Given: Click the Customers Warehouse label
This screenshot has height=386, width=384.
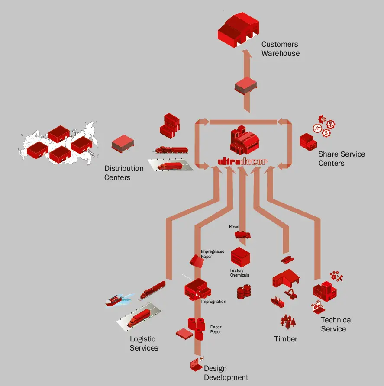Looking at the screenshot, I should pyautogui.click(x=280, y=49).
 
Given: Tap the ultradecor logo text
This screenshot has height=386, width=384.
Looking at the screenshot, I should pyautogui.click(x=242, y=162).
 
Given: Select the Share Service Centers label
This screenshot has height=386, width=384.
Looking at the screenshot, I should pyautogui.click(x=342, y=158).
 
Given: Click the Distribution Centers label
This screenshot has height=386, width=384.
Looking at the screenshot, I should pyautogui.click(x=124, y=173).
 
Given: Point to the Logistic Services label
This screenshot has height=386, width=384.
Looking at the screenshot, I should pyautogui.click(x=144, y=343).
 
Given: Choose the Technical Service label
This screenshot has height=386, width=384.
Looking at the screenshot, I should pyautogui.click(x=336, y=324).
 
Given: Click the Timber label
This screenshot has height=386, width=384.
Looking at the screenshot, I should pyautogui.click(x=286, y=339).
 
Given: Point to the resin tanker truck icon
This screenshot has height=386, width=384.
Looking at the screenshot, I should pyautogui.click(x=242, y=235).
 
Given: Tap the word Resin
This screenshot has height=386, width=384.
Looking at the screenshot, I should pyautogui.click(x=234, y=227).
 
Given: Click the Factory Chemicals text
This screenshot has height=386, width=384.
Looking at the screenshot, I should pyautogui.click(x=239, y=273).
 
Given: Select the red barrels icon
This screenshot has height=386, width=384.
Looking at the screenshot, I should pyautogui.click(x=244, y=292).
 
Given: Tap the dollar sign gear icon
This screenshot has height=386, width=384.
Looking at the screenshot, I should pyautogui.click(x=326, y=134).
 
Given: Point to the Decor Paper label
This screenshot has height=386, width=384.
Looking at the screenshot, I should pyautogui.click(x=215, y=329).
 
